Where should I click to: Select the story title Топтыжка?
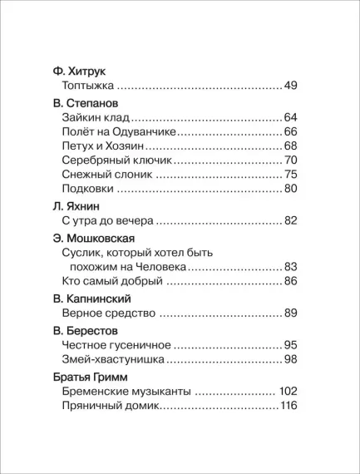(x=88, y=86)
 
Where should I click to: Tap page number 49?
(x=290, y=86)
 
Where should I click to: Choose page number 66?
(x=290, y=131)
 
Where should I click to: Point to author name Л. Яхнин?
(x=72, y=205)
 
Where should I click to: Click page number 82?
(x=290, y=220)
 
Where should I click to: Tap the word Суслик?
(x=84, y=253)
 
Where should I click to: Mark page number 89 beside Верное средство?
(x=290, y=314)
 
